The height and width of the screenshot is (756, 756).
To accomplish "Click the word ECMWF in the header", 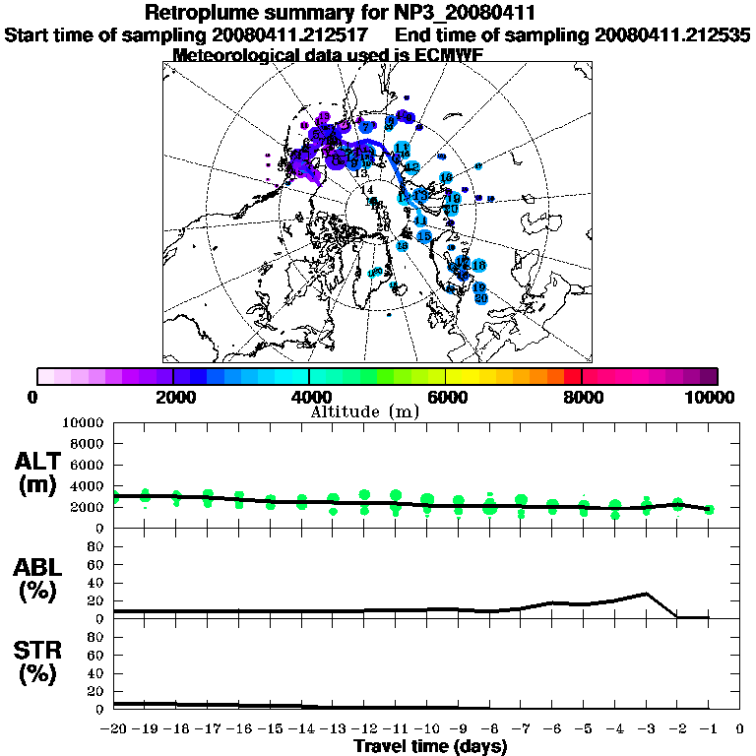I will (x=442, y=55).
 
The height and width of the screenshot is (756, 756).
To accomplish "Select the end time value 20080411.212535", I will (x=672, y=35).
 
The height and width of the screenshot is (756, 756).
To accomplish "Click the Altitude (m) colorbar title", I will (x=365, y=410).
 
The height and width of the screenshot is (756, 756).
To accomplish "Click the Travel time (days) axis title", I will (x=430, y=746).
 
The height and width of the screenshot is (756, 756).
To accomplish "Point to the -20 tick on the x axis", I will (x=114, y=729).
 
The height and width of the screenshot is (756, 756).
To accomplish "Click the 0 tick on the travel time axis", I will (x=740, y=729).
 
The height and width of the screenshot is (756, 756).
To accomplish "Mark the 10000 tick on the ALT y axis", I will (x=84, y=422).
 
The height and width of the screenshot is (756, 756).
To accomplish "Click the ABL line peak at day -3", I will (x=646, y=594).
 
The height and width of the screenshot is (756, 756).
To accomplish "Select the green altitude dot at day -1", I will (x=709, y=509).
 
